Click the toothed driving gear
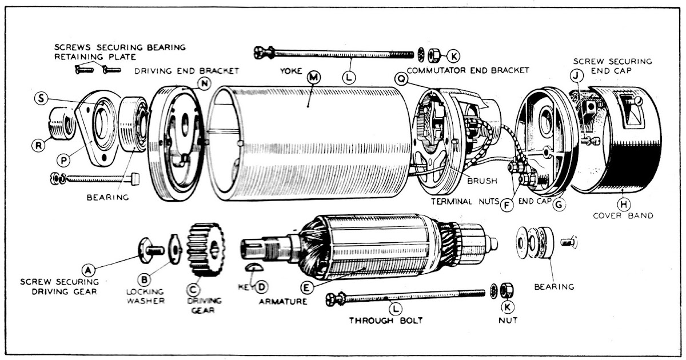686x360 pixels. [x=205, y=249]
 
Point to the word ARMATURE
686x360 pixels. [x=281, y=301]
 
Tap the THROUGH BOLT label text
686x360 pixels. [x=386, y=321]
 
